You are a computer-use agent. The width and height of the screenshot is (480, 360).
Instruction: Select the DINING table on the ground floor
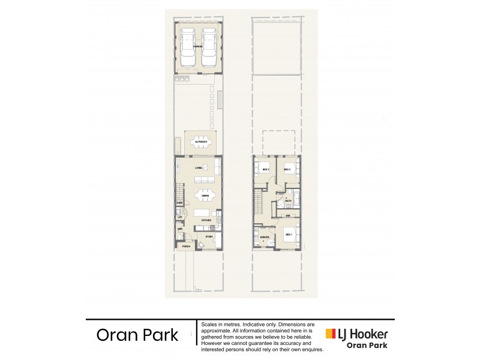[205, 195]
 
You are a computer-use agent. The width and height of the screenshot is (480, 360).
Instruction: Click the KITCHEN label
[206, 221]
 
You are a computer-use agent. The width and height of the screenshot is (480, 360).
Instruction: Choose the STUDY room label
[209, 237]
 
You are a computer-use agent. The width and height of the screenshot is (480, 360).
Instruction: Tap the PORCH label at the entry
[185, 246]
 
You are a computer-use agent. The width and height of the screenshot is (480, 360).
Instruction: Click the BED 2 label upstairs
[287, 170]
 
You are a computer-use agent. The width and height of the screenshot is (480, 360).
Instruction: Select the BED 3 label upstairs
[265, 170]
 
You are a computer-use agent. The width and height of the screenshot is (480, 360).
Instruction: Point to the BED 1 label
[288, 234]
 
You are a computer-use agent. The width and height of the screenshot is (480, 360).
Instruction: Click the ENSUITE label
[264, 238]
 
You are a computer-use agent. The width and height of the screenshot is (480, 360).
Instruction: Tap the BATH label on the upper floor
[287, 202]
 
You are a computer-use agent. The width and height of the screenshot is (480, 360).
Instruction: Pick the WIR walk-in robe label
[288, 215]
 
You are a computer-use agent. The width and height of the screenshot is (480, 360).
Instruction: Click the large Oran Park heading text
[137, 335]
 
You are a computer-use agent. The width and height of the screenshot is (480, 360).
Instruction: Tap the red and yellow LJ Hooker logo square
[329, 334]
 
